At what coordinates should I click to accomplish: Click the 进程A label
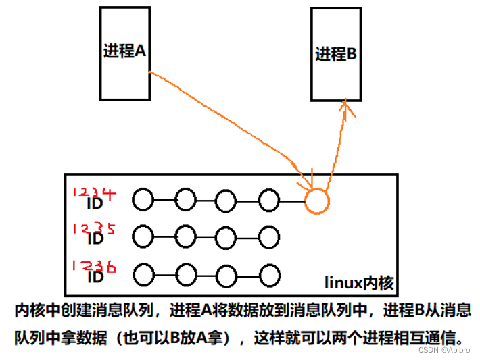click(125, 51)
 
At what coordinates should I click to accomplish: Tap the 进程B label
click(336, 55)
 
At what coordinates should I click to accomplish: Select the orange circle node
click(316, 201)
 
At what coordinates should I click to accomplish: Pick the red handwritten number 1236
click(94, 266)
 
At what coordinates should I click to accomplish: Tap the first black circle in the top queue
click(143, 200)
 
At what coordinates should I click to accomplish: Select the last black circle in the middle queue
click(268, 236)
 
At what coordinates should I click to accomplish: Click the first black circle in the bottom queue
click(143, 275)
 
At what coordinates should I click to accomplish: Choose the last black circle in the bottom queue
click(268, 275)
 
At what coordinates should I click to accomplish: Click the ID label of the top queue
click(95, 202)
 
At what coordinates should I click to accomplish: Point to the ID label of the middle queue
click(95, 238)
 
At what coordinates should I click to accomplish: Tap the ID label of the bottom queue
click(95, 276)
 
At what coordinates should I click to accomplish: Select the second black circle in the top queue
click(185, 200)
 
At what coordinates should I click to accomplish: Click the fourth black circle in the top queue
click(268, 200)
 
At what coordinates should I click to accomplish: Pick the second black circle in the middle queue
click(185, 236)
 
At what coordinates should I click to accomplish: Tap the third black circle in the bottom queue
click(226, 275)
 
